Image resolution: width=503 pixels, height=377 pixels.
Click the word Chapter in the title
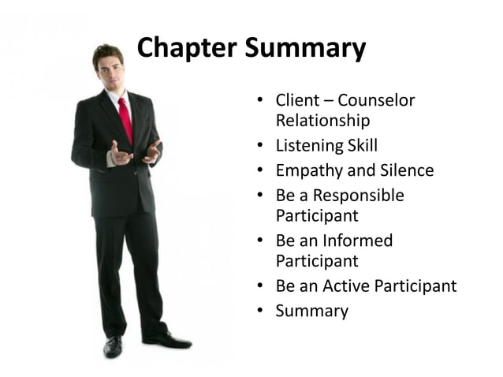[x=187, y=48]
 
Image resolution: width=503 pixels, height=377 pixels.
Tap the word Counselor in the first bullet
[x=376, y=101]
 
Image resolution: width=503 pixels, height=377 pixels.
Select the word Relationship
[x=322, y=121]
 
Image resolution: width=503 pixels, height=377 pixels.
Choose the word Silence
[x=404, y=170]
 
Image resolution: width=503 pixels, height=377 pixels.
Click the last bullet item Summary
[x=311, y=311]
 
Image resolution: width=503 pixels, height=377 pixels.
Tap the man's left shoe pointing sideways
[x=169, y=341]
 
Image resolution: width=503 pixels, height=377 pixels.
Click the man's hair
[x=106, y=52]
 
